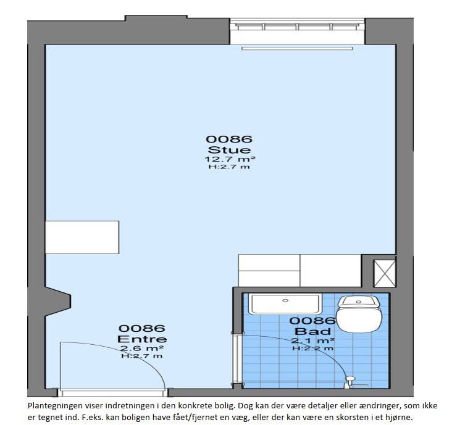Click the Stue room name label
[229, 150]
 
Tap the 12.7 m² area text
[230, 159]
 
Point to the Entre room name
[142, 339]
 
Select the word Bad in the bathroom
[312, 331]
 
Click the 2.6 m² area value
[142, 349]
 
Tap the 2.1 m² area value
[313, 340]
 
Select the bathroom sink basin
[285, 303]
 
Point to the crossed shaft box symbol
[385, 273]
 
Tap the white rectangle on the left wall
[82, 237]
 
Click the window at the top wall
[297, 27]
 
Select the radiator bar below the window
[297, 48]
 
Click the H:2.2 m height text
[313, 349]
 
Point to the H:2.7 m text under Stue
[229, 167]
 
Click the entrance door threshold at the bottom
[113, 392]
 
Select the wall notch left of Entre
[58, 302]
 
